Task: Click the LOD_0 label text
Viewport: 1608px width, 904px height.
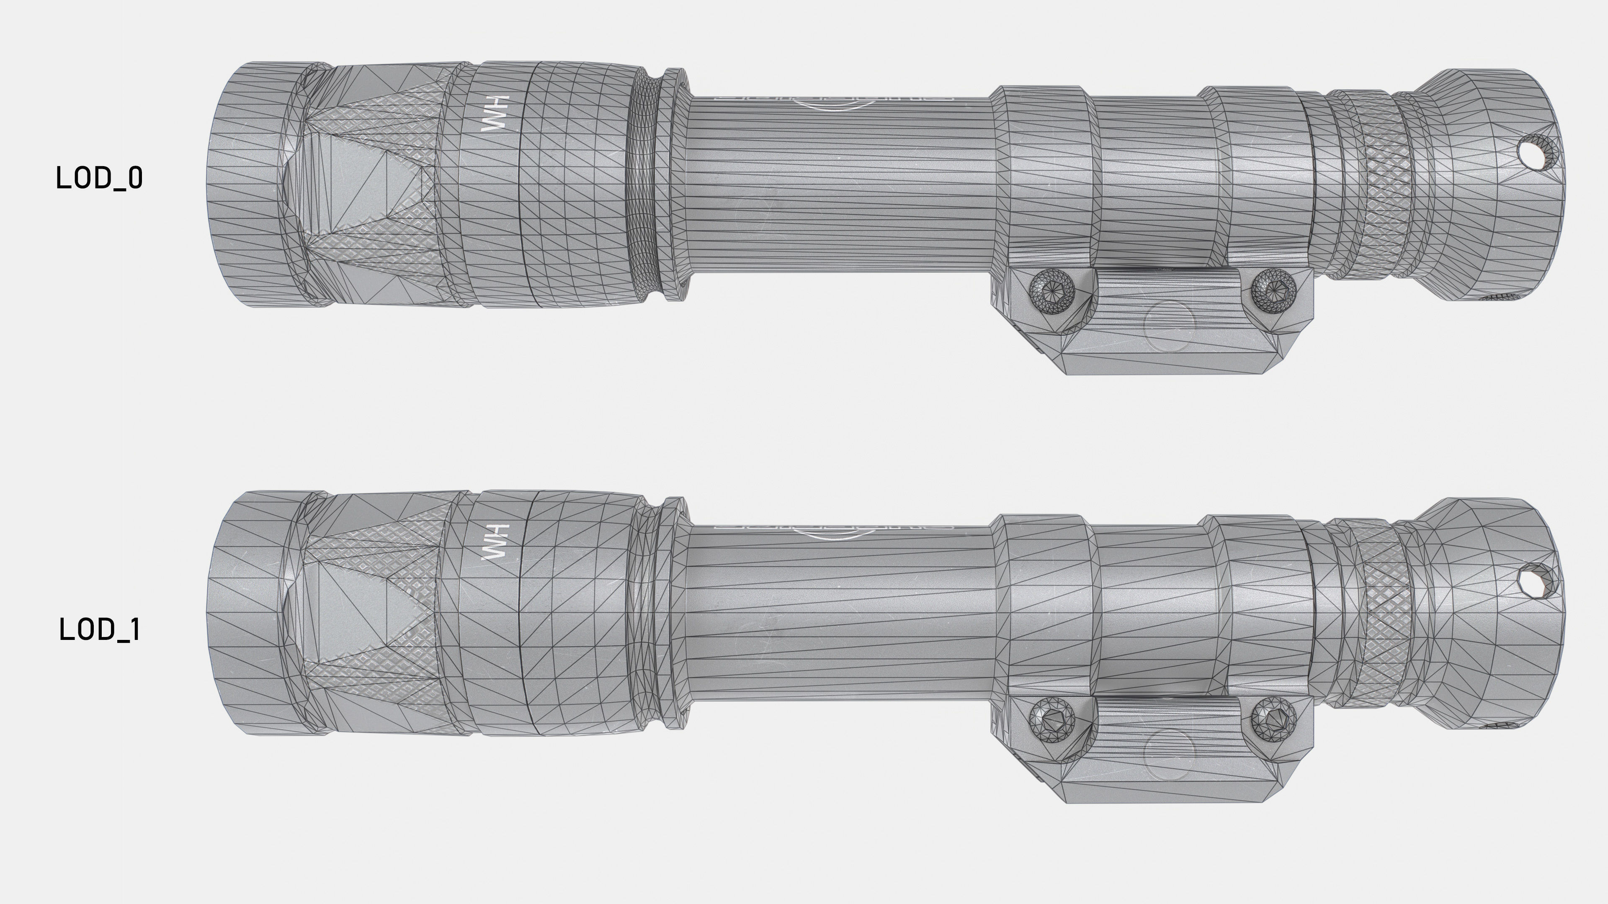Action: (99, 178)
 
